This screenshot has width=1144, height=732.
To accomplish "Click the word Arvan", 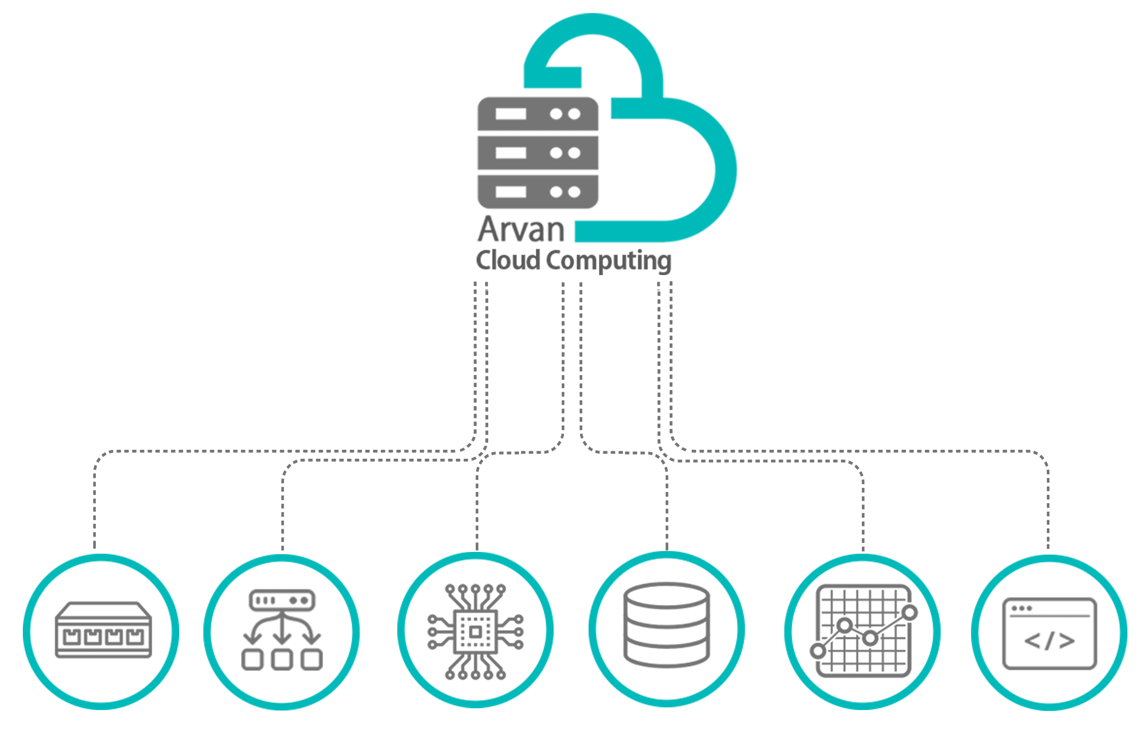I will [x=520, y=230].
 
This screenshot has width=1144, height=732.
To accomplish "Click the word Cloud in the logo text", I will [x=507, y=260].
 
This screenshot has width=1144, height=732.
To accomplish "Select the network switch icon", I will [x=103, y=630].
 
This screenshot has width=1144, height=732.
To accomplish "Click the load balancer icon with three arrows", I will [x=282, y=630].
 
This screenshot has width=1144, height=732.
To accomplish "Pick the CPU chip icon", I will [x=475, y=631].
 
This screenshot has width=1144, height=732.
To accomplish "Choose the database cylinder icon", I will [x=667, y=625].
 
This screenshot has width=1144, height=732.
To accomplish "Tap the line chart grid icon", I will [x=863, y=630].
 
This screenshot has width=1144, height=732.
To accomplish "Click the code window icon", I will [x=1049, y=633].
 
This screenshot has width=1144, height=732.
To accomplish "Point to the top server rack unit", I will [x=538, y=114].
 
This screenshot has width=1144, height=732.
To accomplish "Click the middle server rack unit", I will [x=538, y=153].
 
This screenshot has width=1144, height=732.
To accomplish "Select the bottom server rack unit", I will [x=538, y=192].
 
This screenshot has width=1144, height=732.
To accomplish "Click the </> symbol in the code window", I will [x=1049, y=641].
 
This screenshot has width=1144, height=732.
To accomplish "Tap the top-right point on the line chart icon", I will [x=909, y=613].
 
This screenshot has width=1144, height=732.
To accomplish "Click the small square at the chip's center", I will [x=475, y=632].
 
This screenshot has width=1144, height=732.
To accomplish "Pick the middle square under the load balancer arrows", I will [x=282, y=660].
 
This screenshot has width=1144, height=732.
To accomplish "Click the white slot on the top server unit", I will [x=511, y=114].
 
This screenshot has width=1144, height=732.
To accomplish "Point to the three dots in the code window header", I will [x=1021, y=608].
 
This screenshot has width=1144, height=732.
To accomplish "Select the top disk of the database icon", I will [x=667, y=595].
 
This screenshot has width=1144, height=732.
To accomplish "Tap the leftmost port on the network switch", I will [x=71, y=637].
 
